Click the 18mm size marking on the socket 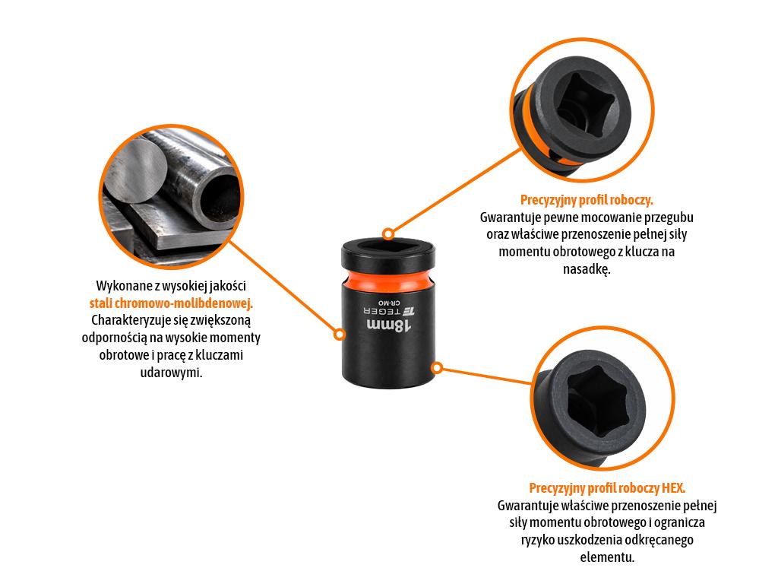388,325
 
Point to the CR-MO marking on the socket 388,303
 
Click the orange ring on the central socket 388,281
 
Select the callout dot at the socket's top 388,234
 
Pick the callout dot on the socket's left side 340,335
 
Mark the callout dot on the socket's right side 437,368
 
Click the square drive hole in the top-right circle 586,106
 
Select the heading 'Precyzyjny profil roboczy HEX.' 607,488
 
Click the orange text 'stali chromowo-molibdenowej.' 171,303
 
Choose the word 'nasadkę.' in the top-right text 587,269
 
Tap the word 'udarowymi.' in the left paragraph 171,372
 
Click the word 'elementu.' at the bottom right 607,557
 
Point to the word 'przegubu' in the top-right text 669,217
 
